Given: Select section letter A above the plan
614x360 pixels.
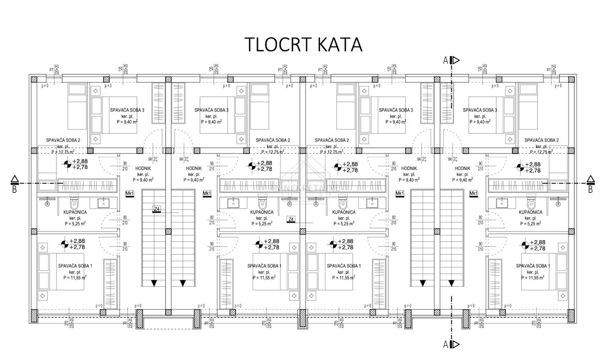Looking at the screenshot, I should pyautogui.click(x=446, y=60).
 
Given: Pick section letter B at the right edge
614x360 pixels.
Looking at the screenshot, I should pyautogui.click(x=590, y=190).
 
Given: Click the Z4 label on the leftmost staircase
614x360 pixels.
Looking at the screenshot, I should pyautogui.click(x=157, y=209).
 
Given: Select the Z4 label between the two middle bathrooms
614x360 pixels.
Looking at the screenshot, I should pyautogui.click(x=291, y=219).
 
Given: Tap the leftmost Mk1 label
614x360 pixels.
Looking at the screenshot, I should pyautogui.click(x=129, y=193).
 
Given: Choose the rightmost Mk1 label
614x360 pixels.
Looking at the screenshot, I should pyautogui.click(x=473, y=193).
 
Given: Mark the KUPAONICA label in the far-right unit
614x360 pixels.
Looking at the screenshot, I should pyautogui.click(x=531, y=212).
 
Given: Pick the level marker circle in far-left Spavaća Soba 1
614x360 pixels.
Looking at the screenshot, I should pyautogui.click(x=64, y=244).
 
